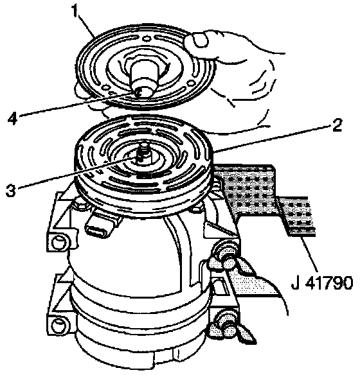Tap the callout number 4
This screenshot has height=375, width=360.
12,118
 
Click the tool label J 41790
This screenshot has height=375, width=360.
322,283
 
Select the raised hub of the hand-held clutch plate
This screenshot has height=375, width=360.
143,76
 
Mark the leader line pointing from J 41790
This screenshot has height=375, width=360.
309,254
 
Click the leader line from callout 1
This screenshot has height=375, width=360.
88,27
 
